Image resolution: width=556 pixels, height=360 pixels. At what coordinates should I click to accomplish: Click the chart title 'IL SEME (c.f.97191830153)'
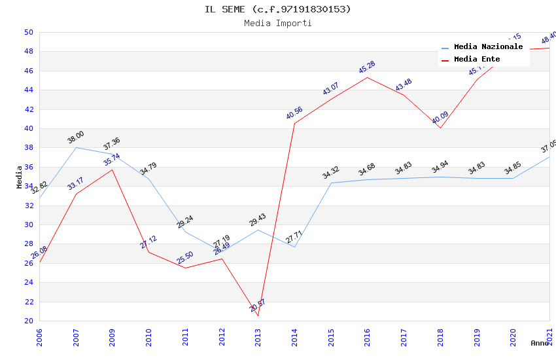(x=278, y=9)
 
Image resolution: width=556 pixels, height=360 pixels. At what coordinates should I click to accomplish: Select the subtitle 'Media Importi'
(x=278, y=23)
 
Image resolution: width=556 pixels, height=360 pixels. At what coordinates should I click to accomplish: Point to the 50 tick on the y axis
(x=28, y=32)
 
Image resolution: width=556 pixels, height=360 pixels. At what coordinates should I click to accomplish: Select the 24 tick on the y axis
(x=28, y=283)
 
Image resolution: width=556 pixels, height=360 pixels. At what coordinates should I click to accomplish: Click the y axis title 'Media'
(x=20, y=177)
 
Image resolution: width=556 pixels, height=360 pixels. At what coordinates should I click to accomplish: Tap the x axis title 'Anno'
(x=540, y=343)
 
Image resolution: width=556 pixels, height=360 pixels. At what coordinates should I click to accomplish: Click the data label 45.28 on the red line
(x=367, y=67)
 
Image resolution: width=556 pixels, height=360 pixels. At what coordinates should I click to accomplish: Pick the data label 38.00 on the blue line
(x=76, y=137)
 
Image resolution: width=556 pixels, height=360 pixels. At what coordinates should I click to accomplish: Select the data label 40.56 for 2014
(x=294, y=113)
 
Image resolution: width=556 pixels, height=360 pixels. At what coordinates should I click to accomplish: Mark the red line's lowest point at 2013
(x=258, y=315)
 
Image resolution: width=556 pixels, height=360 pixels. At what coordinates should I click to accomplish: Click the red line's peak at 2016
(x=367, y=77)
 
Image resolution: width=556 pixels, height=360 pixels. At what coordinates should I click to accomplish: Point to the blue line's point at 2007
(x=76, y=147)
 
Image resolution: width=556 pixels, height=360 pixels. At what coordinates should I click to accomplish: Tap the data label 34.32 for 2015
(x=331, y=173)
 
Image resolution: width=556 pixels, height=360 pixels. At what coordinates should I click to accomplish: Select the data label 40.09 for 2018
(x=440, y=118)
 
